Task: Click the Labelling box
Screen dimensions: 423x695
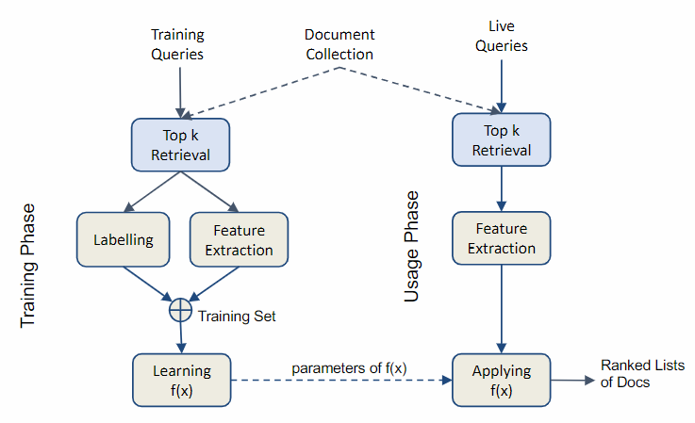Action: click(x=124, y=239)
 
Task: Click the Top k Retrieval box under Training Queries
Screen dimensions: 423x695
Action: click(x=180, y=144)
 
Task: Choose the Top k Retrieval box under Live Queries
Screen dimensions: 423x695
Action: click(x=502, y=140)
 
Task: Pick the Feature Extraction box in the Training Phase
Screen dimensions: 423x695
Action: click(x=239, y=239)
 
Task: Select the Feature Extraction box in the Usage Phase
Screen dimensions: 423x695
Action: click(x=501, y=238)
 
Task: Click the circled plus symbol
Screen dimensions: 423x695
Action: click(x=180, y=310)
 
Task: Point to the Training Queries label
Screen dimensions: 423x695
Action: click(x=177, y=44)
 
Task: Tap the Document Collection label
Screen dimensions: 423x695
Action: click(x=339, y=44)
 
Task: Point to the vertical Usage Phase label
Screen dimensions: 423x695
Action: click(x=412, y=247)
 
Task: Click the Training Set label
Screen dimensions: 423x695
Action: click(x=237, y=317)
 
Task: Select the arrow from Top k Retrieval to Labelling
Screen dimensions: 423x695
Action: click(x=151, y=192)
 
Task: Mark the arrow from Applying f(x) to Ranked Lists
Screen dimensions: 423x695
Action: click(x=573, y=381)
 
